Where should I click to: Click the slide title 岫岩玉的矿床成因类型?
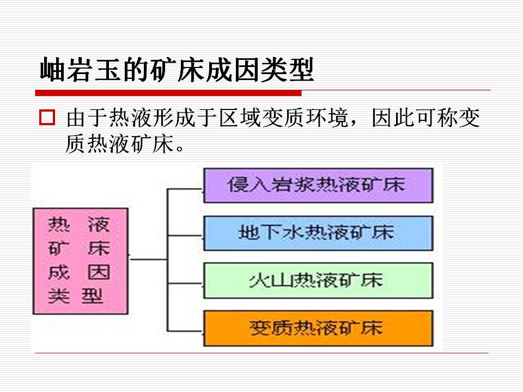[177, 70]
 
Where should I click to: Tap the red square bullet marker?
[47, 118]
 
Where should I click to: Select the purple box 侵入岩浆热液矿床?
[318, 185]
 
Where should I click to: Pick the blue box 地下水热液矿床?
[318, 232]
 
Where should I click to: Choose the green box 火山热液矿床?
[318, 280]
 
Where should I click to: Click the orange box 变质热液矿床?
[318, 328]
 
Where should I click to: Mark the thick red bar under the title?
[168, 92]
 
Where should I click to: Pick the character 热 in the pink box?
[59, 224]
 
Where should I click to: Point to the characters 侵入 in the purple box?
[248, 185]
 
